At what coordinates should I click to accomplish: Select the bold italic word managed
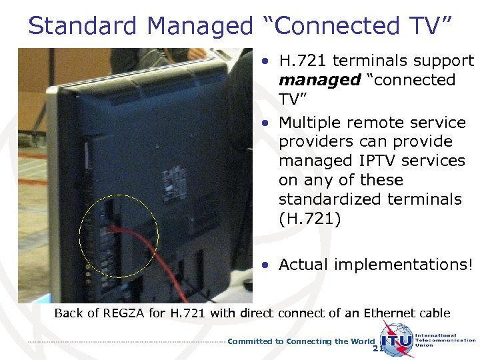click(x=311, y=80)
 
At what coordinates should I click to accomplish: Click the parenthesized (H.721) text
click(x=309, y=218)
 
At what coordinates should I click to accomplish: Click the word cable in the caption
click(x=435, y=313)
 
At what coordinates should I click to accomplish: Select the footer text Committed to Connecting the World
click(x=301, y=341)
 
